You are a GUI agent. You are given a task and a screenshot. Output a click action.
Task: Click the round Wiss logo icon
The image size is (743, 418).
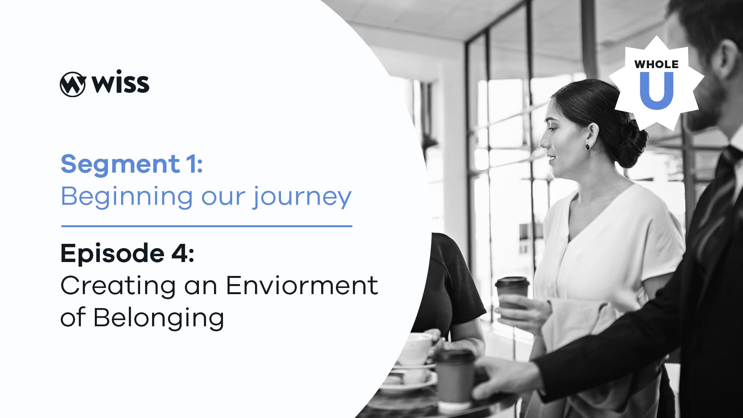click(72, 84)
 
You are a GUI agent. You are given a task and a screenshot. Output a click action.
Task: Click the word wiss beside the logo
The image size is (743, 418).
click(120, 82)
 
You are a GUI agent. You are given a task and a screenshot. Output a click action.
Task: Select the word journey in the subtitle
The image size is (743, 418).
click(302, 197)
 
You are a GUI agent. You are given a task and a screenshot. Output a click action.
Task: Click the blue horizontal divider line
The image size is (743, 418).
click(207, 226)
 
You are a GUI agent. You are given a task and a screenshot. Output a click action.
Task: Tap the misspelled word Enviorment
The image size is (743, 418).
click(302, 286)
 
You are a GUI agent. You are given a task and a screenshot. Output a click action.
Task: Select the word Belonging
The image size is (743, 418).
click(159, 318)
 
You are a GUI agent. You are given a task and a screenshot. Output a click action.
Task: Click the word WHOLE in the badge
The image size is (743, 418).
click(656, 64)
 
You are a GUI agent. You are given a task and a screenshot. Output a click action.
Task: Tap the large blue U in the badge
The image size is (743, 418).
click(657, 91)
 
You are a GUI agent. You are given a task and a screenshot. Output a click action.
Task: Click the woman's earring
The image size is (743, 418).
click(587, 146)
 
